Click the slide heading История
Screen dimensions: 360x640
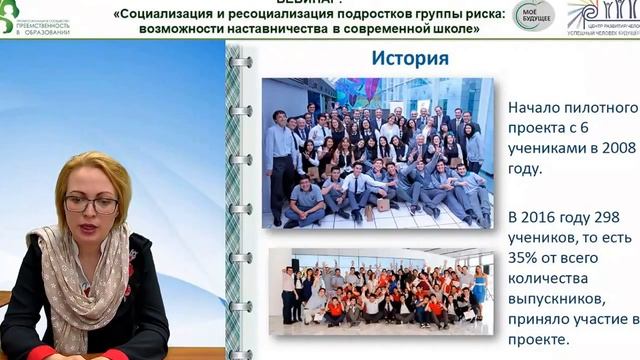410,58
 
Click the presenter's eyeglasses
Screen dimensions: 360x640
91,204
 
